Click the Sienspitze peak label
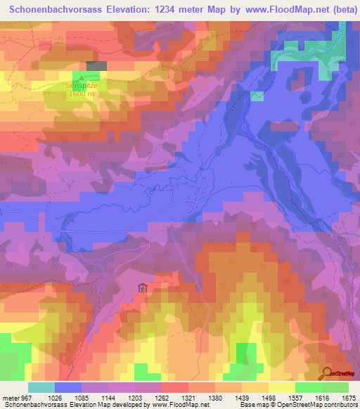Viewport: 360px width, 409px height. coord(83,86)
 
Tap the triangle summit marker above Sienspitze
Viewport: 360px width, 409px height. coord(83,77)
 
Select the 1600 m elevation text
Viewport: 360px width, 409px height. coord(82,94)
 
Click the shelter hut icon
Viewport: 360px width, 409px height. coord(143,287)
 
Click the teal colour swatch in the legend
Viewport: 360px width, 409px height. coord(41,387)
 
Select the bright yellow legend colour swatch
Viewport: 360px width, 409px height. coord(282,387)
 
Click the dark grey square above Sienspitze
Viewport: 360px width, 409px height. coord(96,65)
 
